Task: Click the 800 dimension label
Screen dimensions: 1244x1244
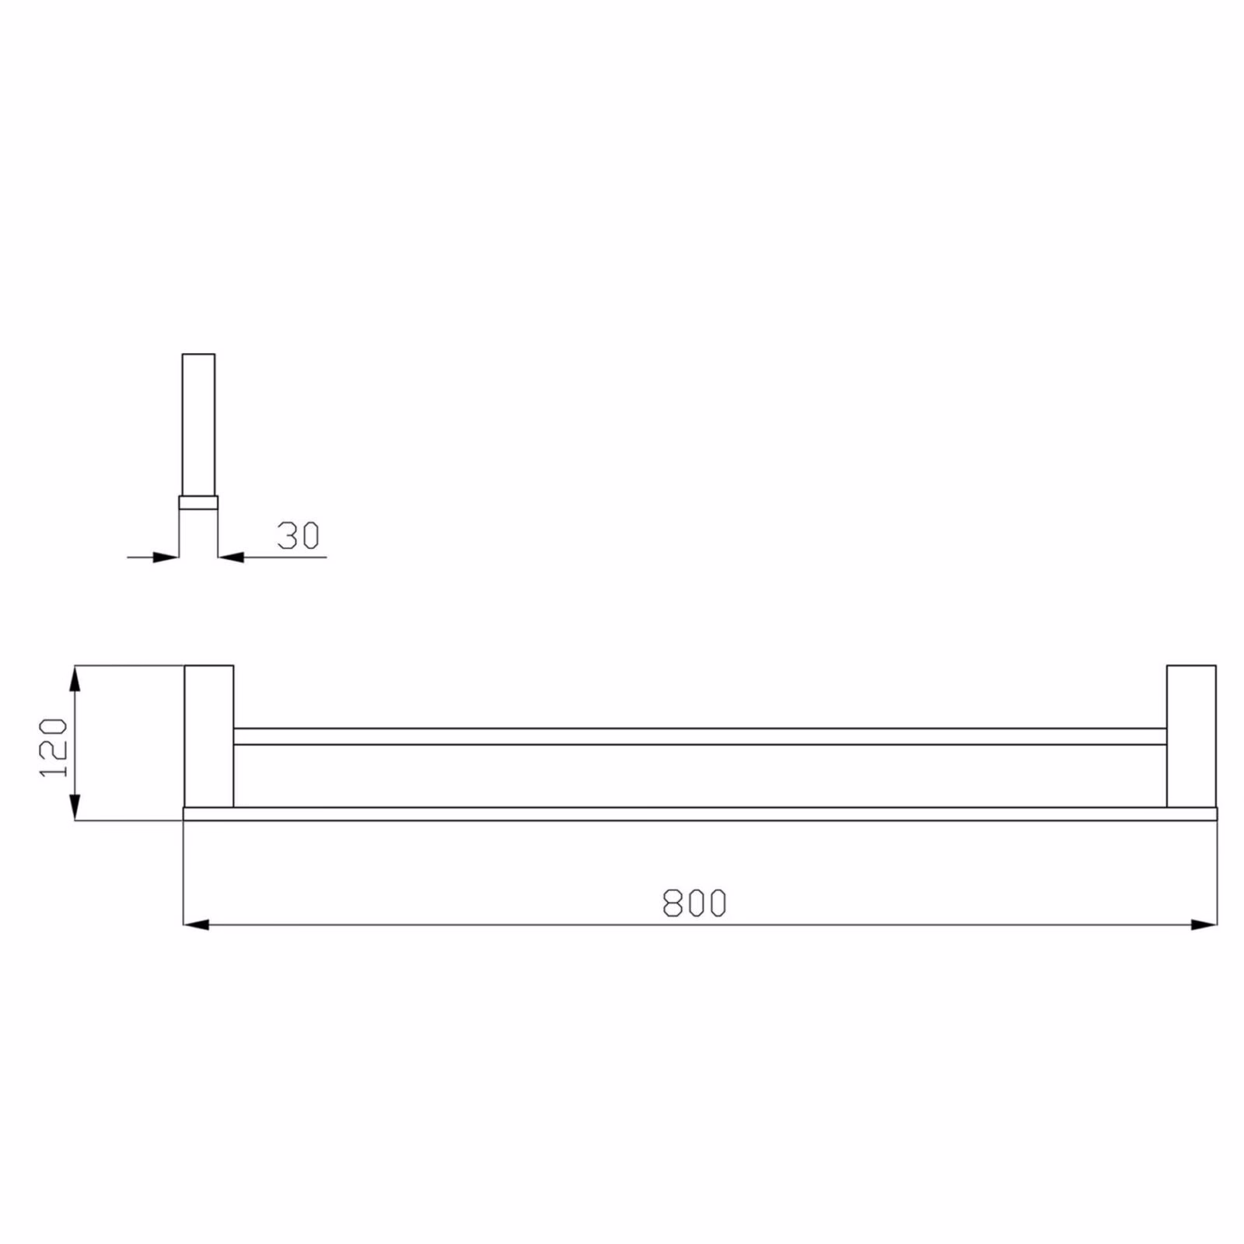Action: point(694,903)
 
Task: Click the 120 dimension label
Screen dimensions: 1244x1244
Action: point(53,748)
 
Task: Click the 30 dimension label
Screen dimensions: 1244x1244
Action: point(299,536)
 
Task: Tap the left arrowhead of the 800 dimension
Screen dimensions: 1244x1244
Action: point(196,924)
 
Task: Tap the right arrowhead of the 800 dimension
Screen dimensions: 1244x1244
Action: point(1204,924)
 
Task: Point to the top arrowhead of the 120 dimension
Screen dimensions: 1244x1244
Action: point(75,678)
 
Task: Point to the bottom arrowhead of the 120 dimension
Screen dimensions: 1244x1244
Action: point(75,807)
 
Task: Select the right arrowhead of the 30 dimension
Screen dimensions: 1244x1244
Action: point(231,557)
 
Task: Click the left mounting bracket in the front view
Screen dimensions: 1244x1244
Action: point(208,736)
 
